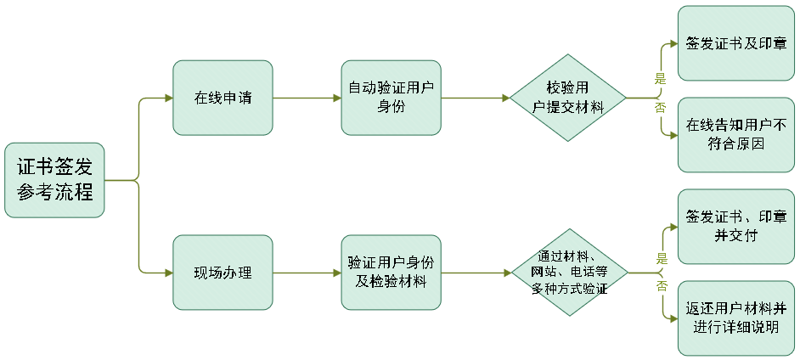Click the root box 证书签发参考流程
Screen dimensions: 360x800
click(x=54, y=180)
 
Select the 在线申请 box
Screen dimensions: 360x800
click(x=223, y=98)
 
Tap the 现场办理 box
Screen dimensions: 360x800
click(x=223, y=273)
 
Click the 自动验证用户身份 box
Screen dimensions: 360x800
click(x=391, y=98)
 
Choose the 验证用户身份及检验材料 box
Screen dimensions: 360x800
click(x=391, y=273)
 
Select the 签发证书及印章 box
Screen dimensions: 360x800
click(x=735, y=43)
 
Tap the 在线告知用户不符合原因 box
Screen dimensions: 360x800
click(x=735, y=134)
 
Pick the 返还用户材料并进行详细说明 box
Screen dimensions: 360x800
click(x=735, y=317)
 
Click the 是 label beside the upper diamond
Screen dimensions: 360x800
click(x=659, y=79)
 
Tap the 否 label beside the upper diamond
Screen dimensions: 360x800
click(x=659, y=109)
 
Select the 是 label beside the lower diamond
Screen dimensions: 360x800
click(x=661, y=258)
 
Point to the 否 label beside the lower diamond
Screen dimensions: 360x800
click(x=661, y=287)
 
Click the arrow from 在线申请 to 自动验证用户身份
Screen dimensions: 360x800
click(x=307, y=98)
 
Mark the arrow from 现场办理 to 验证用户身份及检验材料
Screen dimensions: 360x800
click(x=307, y=273)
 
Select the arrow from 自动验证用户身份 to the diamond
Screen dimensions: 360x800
click(x=476, y=98)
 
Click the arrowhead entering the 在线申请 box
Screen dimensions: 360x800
click(x=168, y=98)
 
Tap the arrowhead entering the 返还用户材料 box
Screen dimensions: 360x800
click(x=673, y=318)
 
